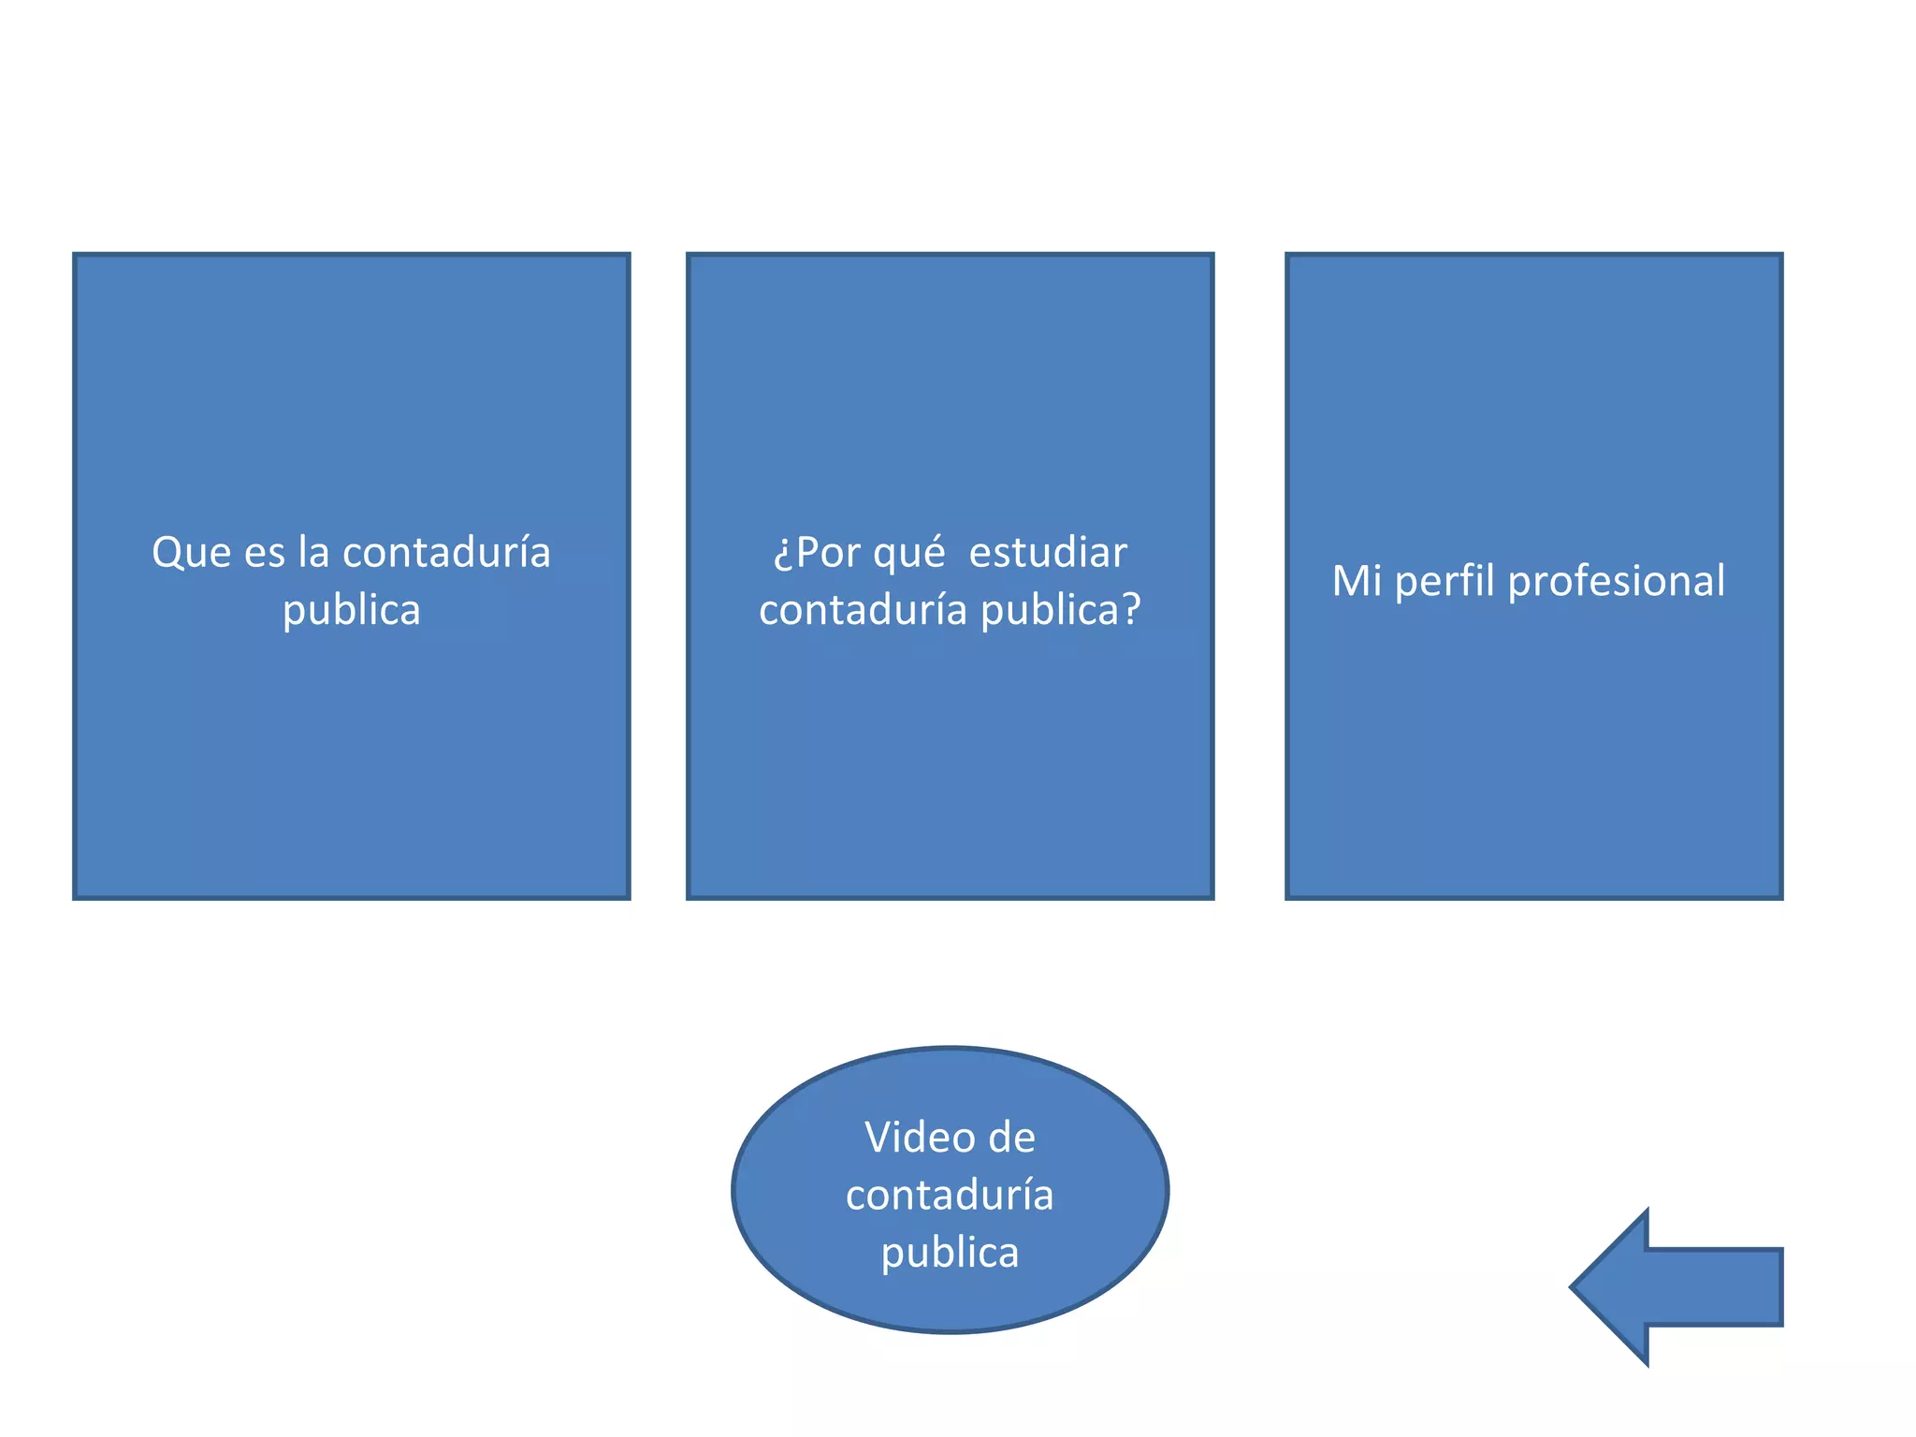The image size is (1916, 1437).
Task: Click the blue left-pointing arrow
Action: pyautogui.click(x=1675, y=1287)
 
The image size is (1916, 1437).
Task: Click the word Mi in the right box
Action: pyautogui.click(x=1357, y=580)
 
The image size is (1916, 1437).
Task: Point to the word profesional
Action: pyautogui.click(x=1617, y=582)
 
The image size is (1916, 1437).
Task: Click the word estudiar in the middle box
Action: pyautogui.click(x=1047, y=553)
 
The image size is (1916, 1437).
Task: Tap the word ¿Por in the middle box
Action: pyautogui.click(x=816, y=553)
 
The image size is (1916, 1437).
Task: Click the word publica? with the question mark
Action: pyautogui.click(x=1061, y=610)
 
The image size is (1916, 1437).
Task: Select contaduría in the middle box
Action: pyautogui.click(x=863, y=610)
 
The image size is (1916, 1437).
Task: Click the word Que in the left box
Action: pyautogui.click(x=192, y=553)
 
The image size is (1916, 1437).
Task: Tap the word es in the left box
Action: pyautogui.click(x=265, y=553)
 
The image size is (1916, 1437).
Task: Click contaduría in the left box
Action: pyautogui.click(x=446, y=553)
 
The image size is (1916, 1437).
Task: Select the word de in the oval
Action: pyautogui.click(x=1011, y=1139)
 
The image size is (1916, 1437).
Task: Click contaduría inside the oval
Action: pyautogui.click(x=950, y=1196)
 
